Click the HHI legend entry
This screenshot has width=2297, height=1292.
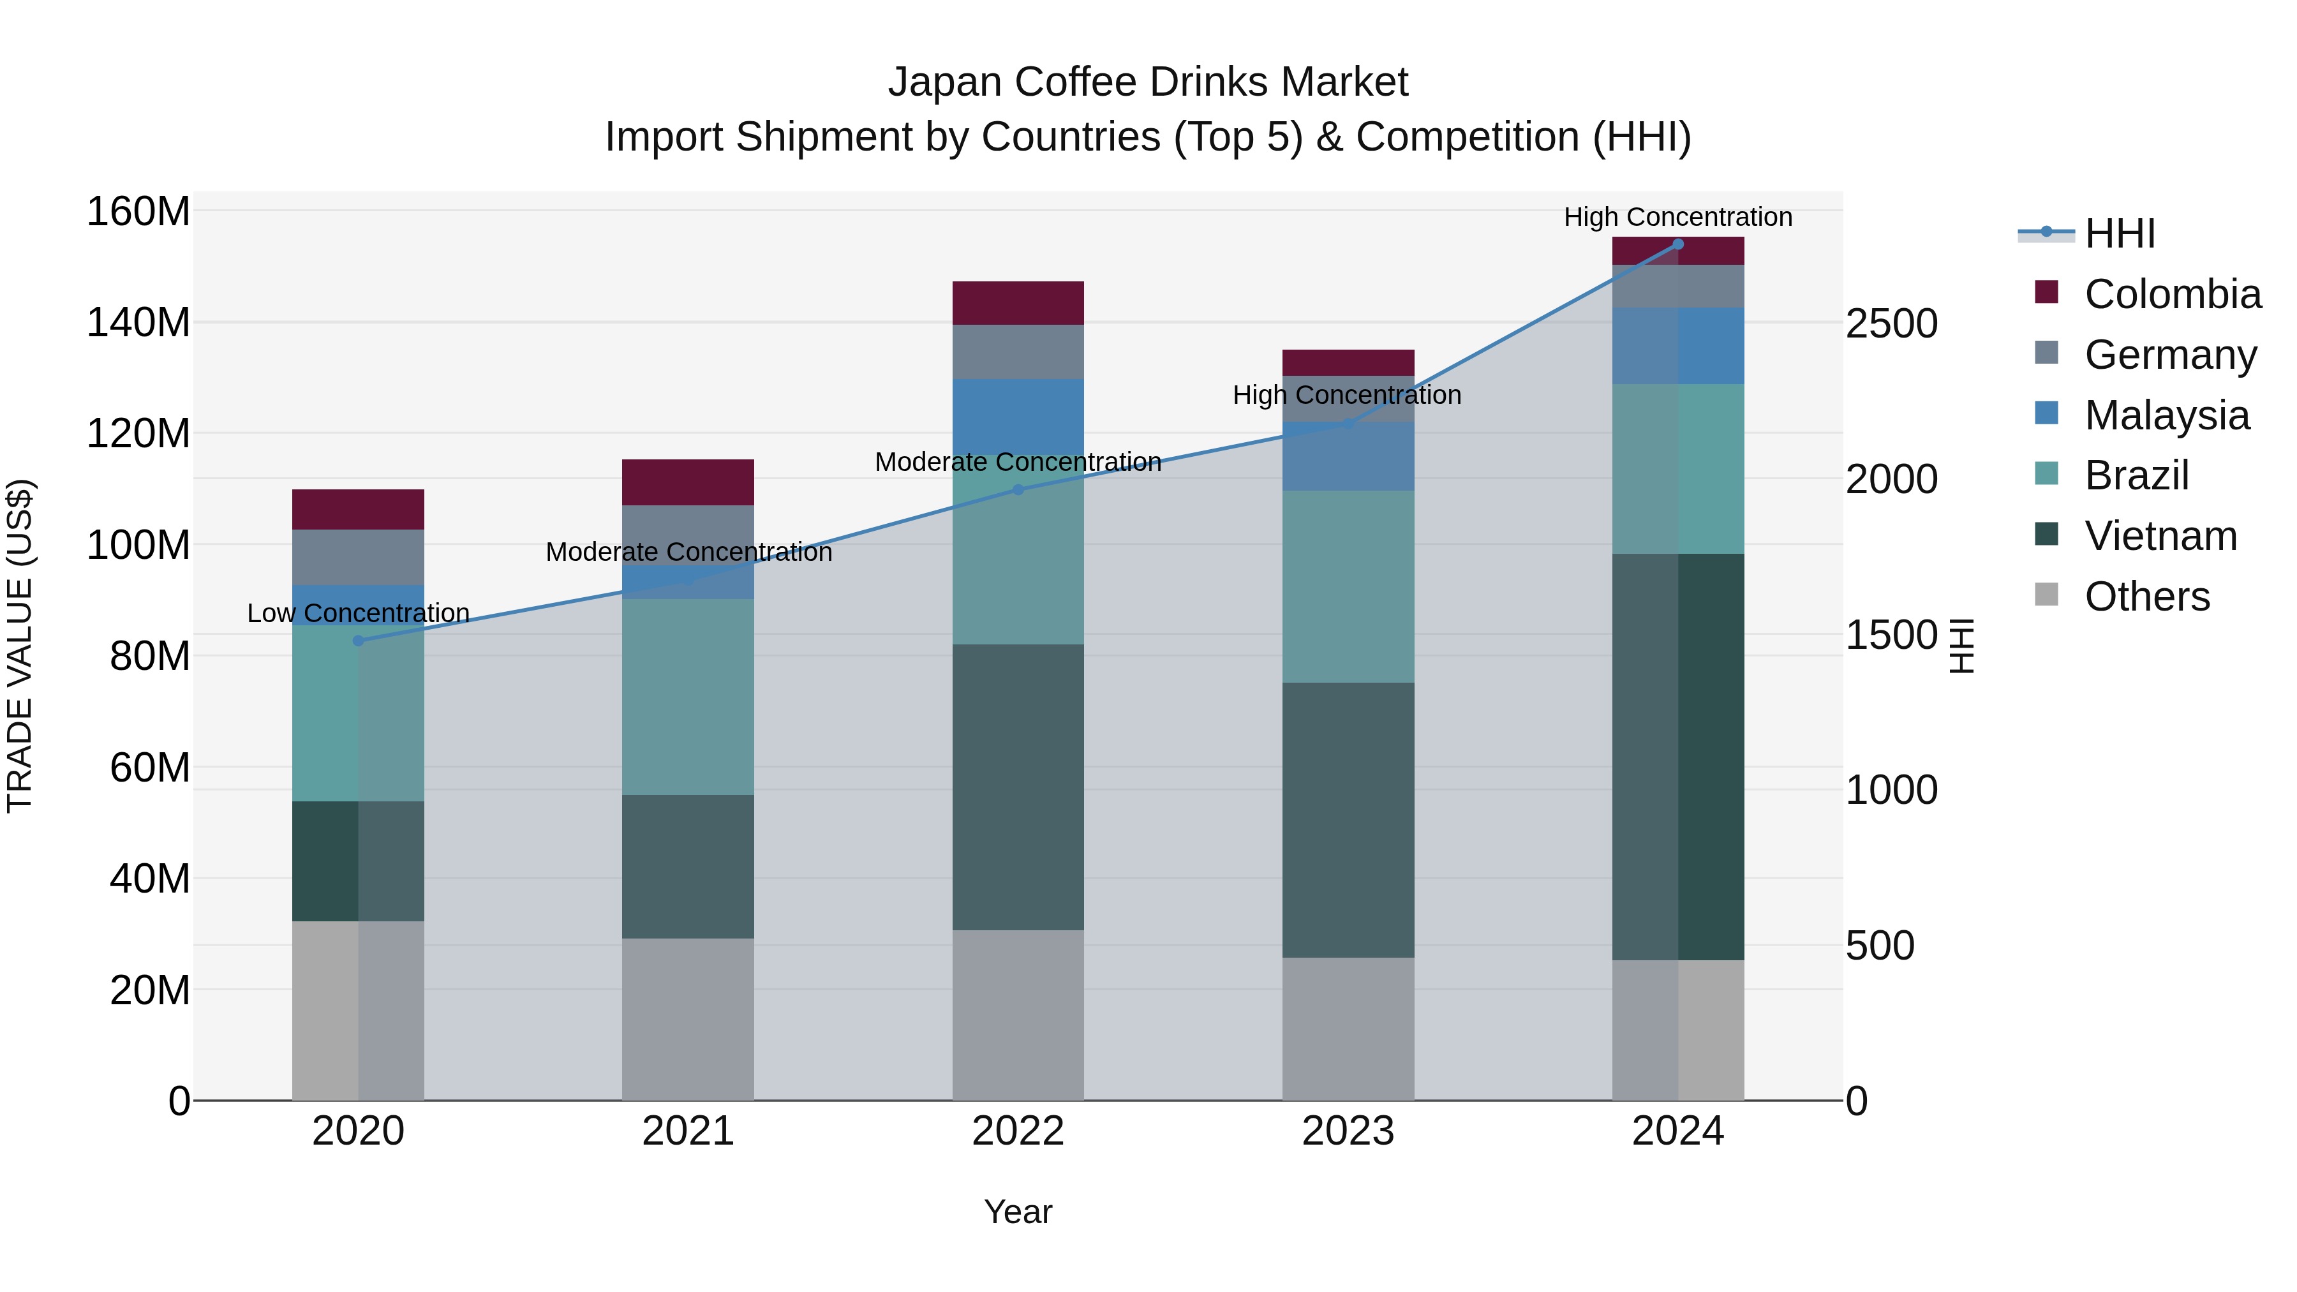pos(2086,234)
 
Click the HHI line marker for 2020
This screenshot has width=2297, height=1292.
pos(359,640)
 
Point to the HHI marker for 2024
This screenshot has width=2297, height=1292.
pos(1678,244)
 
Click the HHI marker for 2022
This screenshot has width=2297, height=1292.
pos(1018,489)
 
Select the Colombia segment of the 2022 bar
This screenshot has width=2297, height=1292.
pos(1018,303)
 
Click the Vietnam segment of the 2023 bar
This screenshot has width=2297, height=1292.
pos(1348,820)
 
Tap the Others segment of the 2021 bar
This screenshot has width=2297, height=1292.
pos(687,1018)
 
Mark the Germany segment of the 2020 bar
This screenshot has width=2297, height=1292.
pos(359,557)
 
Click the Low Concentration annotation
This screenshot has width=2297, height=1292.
pos(359,613)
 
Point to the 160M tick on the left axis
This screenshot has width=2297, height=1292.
pos(138,212)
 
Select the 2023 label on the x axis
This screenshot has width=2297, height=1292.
pos(1348,1131)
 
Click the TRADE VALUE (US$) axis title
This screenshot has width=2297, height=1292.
pos(20,646)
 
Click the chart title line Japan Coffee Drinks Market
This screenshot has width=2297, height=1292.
pos(1148,82)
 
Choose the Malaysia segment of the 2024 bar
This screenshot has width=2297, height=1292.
pos(1678,346)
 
